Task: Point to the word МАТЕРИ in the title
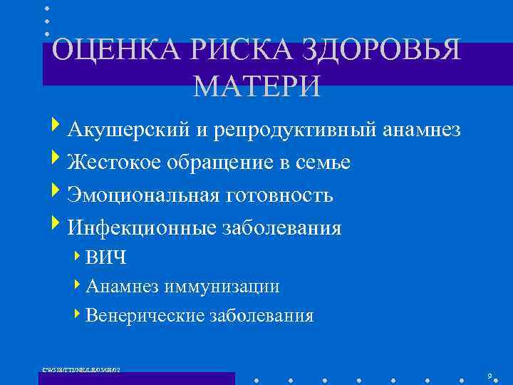pyautogui.click(x=256, y=86)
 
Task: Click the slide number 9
pyautogui.click(x=489, y=376)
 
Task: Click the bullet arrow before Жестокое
pyautogui.click(x=57, y=161)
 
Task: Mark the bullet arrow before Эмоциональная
pyautogui.click(x=57, y=193)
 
